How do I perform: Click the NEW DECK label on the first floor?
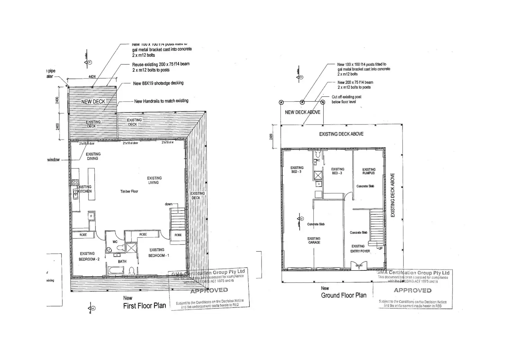(93, 102)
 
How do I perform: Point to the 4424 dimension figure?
(92, 77)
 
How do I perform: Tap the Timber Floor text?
(129, 191)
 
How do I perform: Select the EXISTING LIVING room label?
(154, 180)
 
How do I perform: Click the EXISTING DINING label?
(93, 156)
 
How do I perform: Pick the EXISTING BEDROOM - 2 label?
(89, 256)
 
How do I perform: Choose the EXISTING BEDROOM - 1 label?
(158, 252)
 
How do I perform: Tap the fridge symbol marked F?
(91, 216)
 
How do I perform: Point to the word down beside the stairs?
(168, 204)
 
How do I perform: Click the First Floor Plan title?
(145, 306)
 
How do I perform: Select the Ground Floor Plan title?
(343, 295)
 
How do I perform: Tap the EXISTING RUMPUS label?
(369, 171)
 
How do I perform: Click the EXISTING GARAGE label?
(314, 240)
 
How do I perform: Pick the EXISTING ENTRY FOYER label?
(360, 249)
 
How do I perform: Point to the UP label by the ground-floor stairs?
(380, 248)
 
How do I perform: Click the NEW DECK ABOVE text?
(303, 112)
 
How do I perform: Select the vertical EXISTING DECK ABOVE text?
(392, 195)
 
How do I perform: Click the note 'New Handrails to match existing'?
(161, 101)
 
